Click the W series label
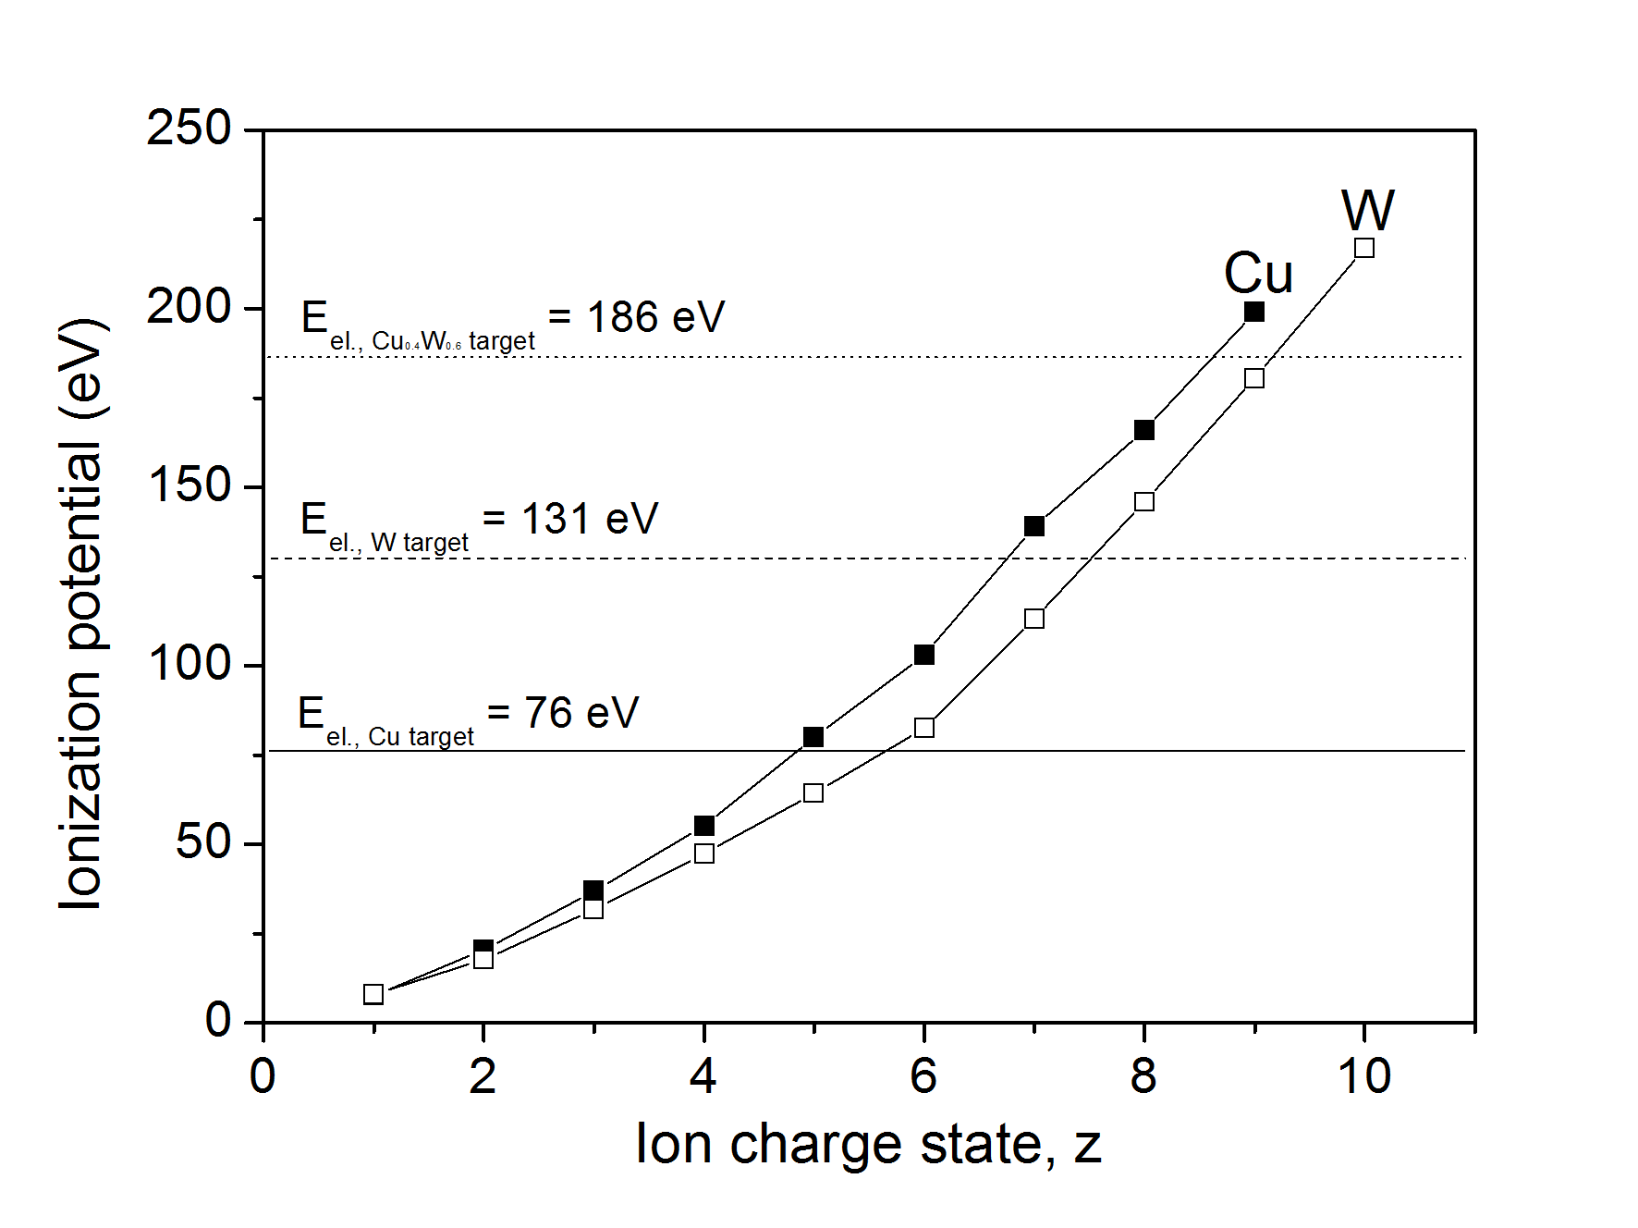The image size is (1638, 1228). tap(1367, 211)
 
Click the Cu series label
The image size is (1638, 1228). tap(1258, 274)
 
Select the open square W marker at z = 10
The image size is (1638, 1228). tap(1363, 248)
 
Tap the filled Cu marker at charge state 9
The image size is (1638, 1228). tap(1253, 312)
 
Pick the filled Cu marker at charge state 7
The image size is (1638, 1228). tap(1034, 526)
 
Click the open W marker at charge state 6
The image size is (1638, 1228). tap(923, 728)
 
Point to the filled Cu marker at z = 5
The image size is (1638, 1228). tap(813, 737)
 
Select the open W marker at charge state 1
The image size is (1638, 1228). tap(373, 994)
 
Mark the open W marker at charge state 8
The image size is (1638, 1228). tap(1143, 501)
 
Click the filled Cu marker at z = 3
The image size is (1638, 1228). tap(593, 890)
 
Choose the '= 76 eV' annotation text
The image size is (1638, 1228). tap(563, 713)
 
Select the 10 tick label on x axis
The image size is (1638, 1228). tap(1363, 1076)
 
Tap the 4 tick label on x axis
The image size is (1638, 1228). tap(703, 1076)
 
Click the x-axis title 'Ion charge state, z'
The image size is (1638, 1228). tap(868, 1145)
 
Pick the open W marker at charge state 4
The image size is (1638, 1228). tap(703, 853)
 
